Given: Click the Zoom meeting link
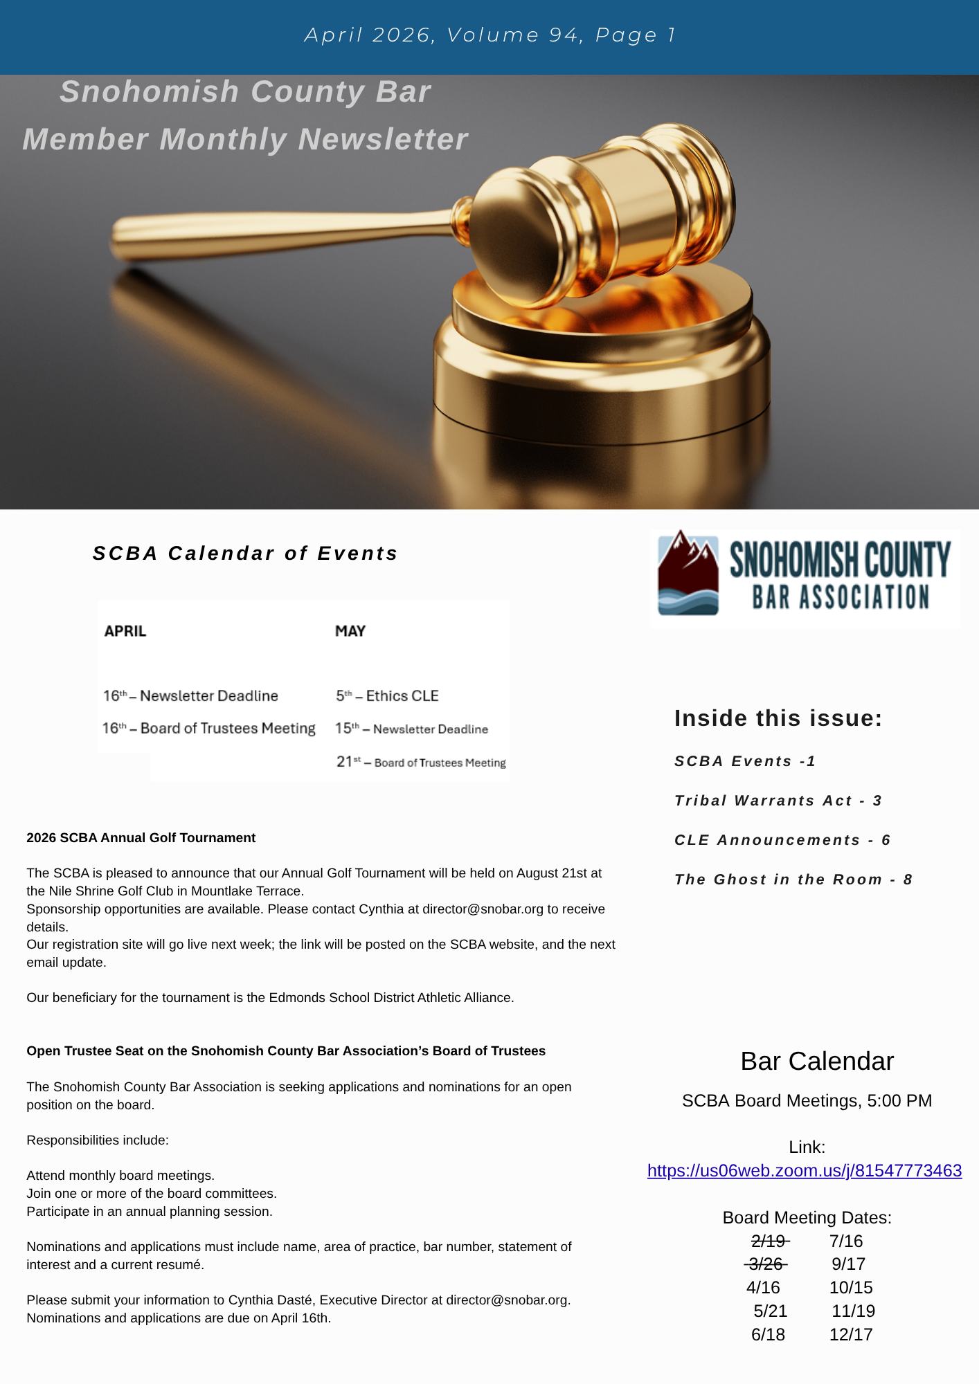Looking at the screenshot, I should (804, 1171).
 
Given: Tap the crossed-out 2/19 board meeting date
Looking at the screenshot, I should (769, 1241).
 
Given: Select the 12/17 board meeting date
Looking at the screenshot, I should (851, 1335).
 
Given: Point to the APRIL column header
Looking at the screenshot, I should (125, 631).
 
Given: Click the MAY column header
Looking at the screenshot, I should (350, 631).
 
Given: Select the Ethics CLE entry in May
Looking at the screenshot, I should (388, 696).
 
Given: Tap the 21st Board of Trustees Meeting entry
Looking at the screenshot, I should (421, 763).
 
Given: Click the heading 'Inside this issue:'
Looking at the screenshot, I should (778, 718).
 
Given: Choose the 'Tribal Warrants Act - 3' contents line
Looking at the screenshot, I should (778, 801).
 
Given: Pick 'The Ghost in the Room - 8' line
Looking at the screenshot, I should (793, 880).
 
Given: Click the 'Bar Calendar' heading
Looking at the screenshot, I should (817, 1062).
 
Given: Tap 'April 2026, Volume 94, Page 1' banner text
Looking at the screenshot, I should (489, 35).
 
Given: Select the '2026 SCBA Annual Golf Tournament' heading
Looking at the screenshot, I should (141, 838).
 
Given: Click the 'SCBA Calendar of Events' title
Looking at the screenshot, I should (245, 554).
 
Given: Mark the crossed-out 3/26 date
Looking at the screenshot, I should (766, 1265).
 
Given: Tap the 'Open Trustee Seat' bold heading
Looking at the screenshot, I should (286, 1051).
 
